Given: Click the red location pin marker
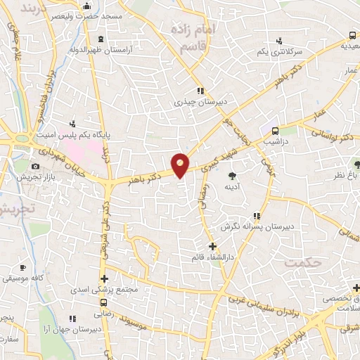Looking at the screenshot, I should tap(181, 165).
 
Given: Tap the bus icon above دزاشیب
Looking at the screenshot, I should tap(274, 130).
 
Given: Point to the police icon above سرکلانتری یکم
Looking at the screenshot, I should tap(281, 41).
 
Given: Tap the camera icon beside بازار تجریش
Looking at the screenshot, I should tap(35, 167).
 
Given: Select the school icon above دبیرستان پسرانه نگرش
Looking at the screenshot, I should tap(257, 216).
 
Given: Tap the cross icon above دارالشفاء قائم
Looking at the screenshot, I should tap(212, 246).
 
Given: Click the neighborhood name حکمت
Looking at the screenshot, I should tap(302, 262).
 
